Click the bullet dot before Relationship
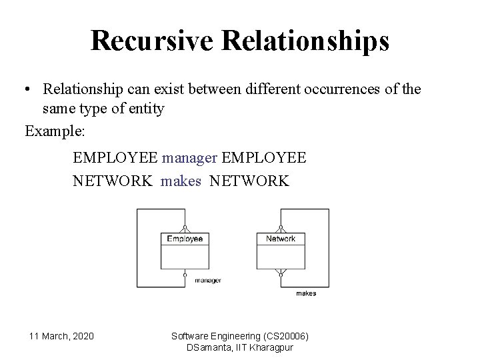tap(29, 89)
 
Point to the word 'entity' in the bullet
tap(144, 108)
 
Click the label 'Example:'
tap(55, 131)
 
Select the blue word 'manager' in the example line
tap(189, 158)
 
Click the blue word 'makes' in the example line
tap(181, 181)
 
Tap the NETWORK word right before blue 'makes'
tap(112, 181)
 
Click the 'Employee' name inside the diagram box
tap(185, 239)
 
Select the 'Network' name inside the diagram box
tap(280, 239)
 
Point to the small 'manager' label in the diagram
tap(207, 281)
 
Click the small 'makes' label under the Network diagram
tap(305, 293)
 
